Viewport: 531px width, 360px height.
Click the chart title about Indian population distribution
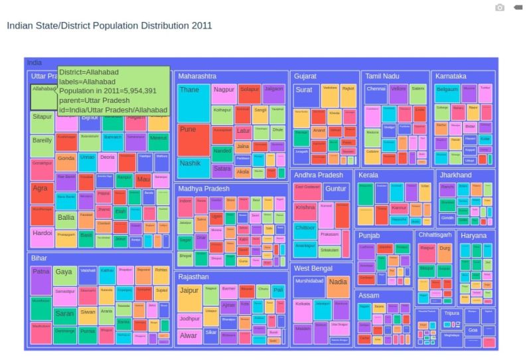point(109,26)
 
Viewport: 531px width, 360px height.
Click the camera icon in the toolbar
point(500,7)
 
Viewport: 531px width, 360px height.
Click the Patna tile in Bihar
point(41,280)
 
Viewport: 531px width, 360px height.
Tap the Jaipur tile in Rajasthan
point(189,298)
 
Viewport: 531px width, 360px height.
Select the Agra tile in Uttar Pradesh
point(41,193)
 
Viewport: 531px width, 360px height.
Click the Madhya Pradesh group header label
point(203,189)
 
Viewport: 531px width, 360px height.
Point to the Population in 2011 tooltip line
point(108,91)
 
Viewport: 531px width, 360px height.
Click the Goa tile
point(472,330)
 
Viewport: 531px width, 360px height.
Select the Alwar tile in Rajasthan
point(189,335)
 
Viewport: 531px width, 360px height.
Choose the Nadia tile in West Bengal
point(338,286)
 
